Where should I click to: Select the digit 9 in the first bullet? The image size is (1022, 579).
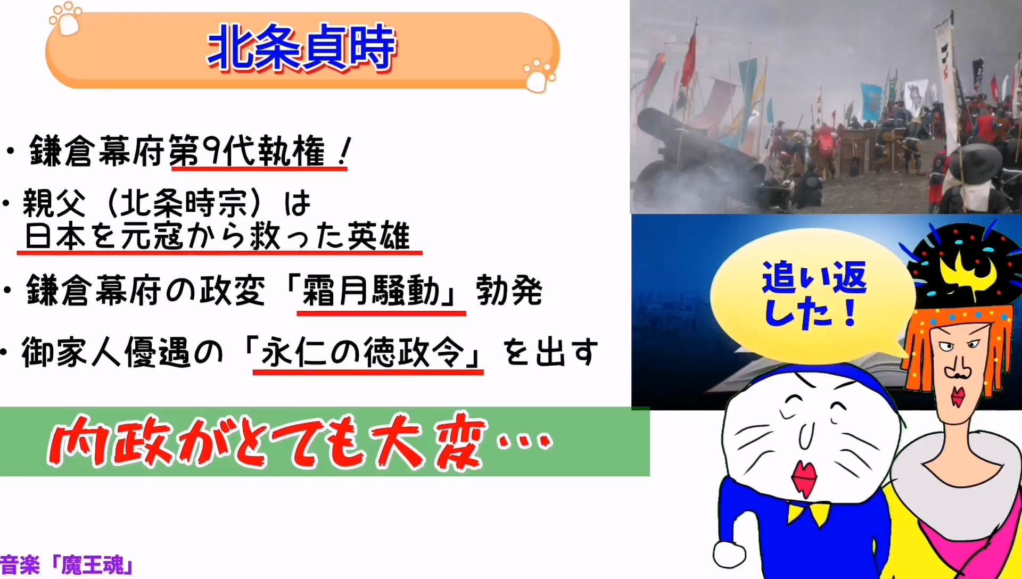[x=211, y=151]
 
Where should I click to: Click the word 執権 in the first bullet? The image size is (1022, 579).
[x=291, y=151]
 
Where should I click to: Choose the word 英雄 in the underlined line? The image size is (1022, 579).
[x=378, y=236]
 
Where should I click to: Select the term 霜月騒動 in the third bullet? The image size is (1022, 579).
[x=370, y=291]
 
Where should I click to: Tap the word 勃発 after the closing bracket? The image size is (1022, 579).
[x=509, y=291]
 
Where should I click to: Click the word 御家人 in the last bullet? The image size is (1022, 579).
[x=72, y=352]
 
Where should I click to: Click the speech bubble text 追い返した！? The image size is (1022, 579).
[x=814, y=294]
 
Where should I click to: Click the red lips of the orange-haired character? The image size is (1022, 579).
[x=958, y=396]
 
